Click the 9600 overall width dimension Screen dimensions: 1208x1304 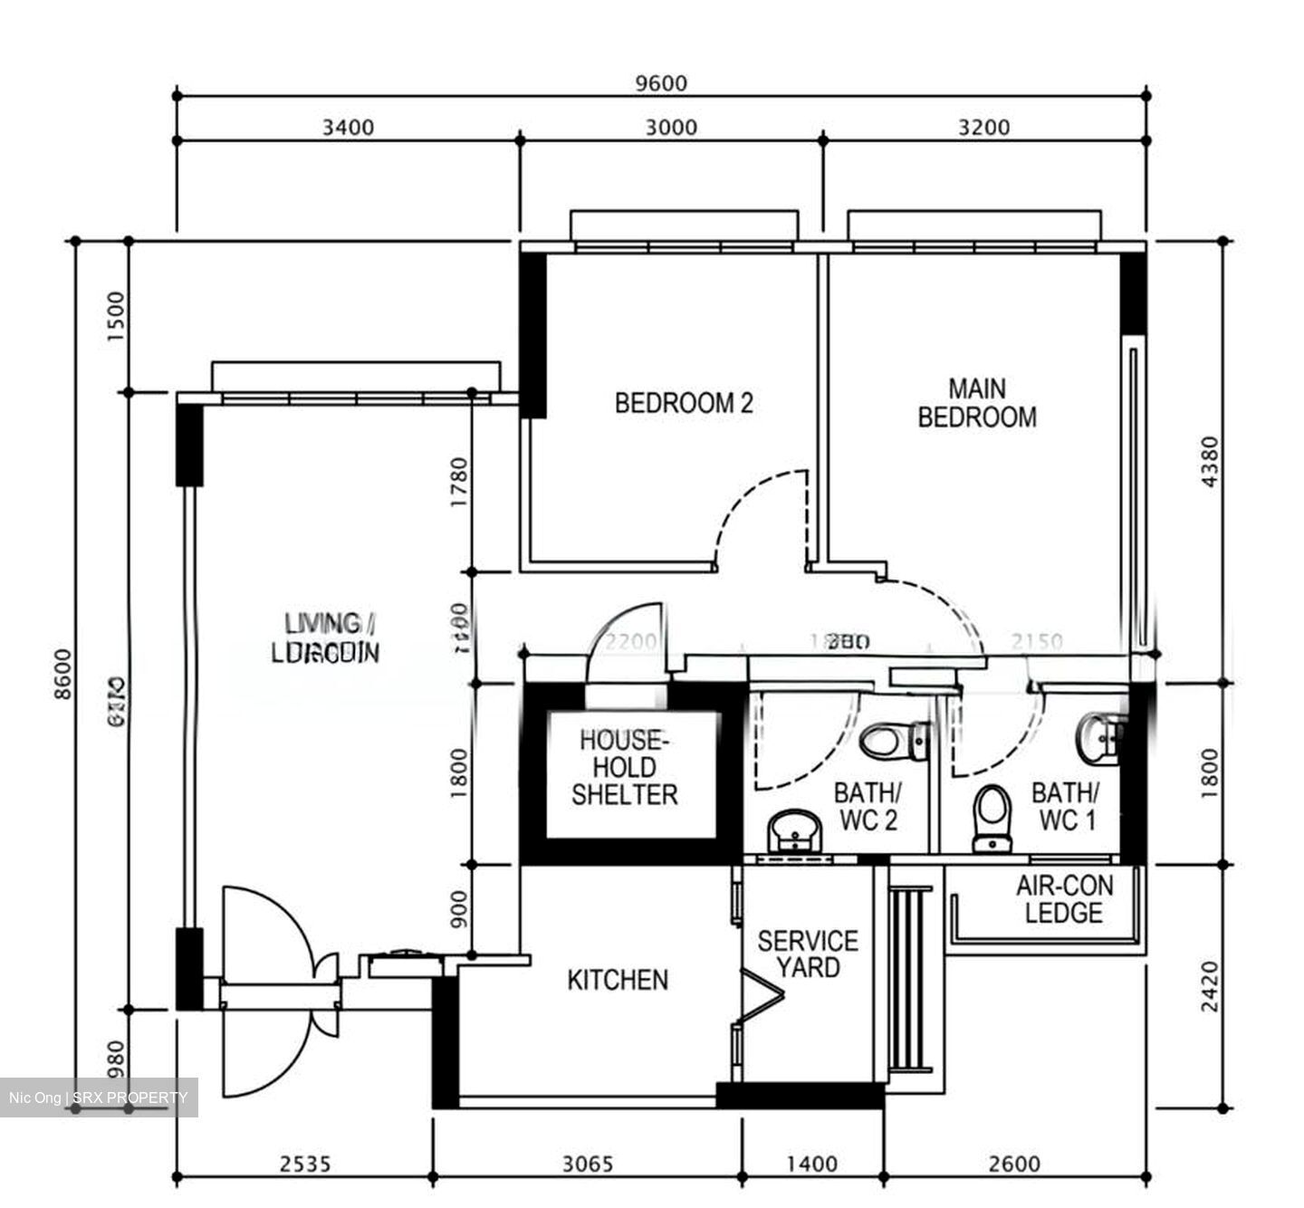661,83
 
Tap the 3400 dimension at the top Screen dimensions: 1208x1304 348,127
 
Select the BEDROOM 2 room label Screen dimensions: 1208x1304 684,403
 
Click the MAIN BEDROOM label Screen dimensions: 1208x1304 977,403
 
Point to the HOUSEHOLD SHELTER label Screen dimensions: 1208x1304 625,768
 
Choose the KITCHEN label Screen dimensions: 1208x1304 618,980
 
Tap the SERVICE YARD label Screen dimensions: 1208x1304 808,954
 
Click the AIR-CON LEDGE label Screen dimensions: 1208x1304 1064,899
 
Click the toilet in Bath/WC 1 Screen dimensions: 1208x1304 992,815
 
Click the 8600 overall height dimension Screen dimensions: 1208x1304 62,674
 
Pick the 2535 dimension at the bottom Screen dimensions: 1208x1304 304,1164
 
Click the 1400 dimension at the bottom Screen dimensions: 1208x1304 811,1164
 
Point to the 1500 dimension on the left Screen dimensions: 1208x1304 115,317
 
